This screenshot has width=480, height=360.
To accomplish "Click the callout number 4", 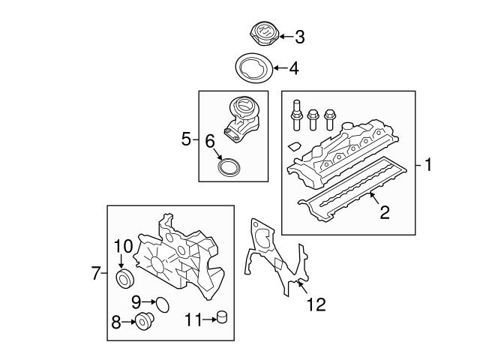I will tap(293, 69).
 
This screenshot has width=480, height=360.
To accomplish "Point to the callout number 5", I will tap(187, 139).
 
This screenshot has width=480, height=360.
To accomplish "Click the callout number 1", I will tap(427, 164).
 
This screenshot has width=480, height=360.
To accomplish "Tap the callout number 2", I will tap(384, 213).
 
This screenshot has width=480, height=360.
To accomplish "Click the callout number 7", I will tap(95, 274).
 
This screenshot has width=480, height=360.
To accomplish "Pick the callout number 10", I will tap(122, 245).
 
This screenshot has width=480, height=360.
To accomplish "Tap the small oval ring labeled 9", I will tap(161, 304).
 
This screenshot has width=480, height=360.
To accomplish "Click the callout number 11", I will tap(192, 320).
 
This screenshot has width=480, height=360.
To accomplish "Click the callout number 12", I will tap(316, 306).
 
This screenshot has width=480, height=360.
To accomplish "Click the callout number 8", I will tap(116, 323).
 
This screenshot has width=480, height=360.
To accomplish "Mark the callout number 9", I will tap(136, 301).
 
